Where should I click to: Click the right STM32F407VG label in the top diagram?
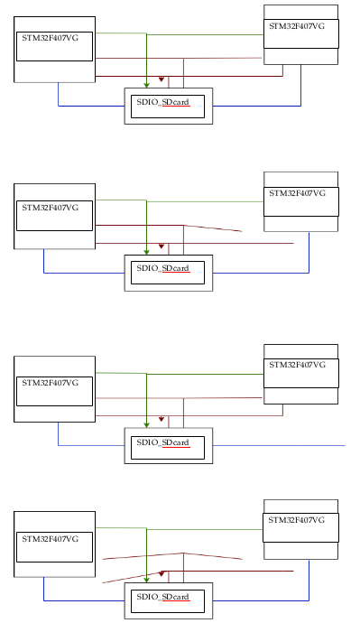(299, 27)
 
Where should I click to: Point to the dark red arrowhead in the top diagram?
(162, 79)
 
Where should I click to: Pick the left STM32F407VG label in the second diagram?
(51, 208)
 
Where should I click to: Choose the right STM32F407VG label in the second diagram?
(299, 194)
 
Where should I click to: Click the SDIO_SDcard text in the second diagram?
(162, 268)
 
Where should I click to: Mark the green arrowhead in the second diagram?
(146, 251)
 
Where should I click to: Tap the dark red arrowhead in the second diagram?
(162, 246)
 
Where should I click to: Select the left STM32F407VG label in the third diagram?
(51, 383)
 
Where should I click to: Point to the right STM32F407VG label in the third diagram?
(299, 365)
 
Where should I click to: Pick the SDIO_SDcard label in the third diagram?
(162, 442)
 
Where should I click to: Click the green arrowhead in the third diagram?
(146, 424)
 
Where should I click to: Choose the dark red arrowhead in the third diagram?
(162, 419)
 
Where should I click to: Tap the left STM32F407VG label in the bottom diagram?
(51, 538)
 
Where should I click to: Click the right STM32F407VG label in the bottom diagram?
(299, 520)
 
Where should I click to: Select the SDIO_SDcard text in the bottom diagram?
(162, 597)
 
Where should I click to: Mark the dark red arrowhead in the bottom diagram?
(162, 572)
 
